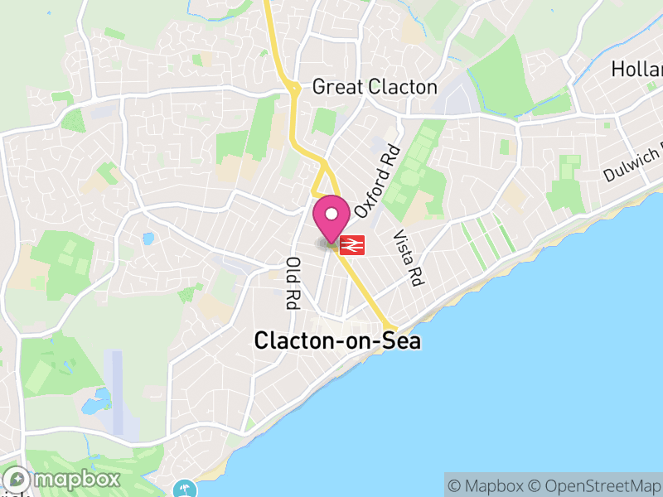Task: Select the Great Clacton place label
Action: click(374, 87)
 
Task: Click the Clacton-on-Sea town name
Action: click(337, 340)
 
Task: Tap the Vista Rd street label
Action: click(409, 258)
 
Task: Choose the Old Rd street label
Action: click(292, 282)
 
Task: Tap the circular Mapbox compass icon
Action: click(17, 480)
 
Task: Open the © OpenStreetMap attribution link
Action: click(594, 485)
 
